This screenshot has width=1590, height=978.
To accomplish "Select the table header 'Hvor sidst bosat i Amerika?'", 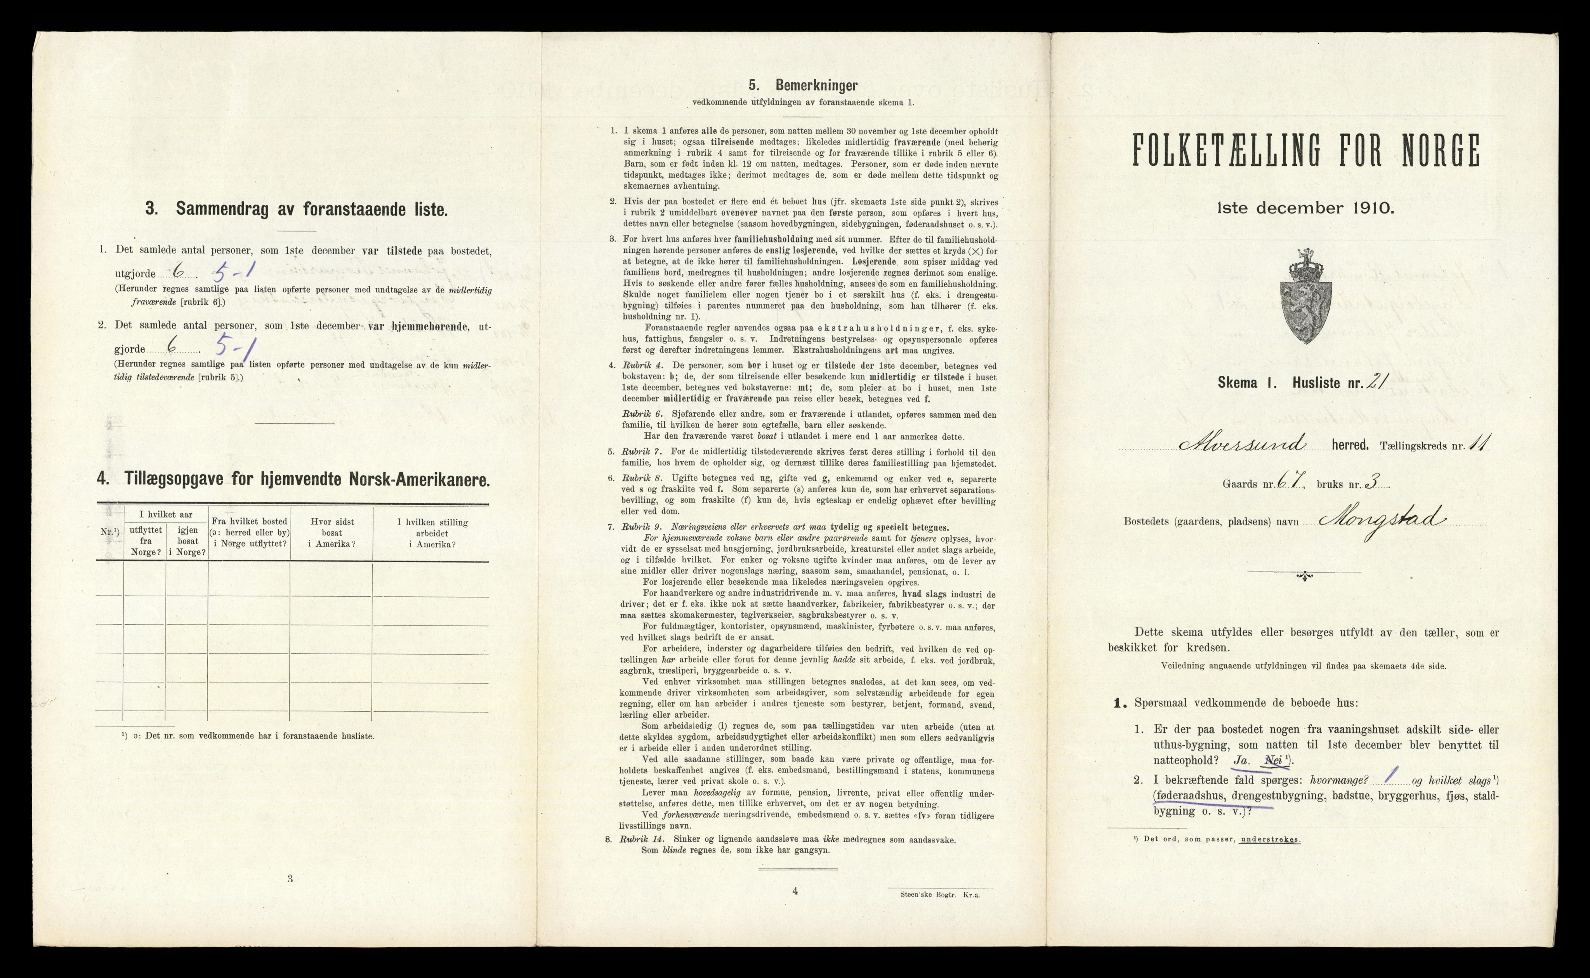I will [332, 533].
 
